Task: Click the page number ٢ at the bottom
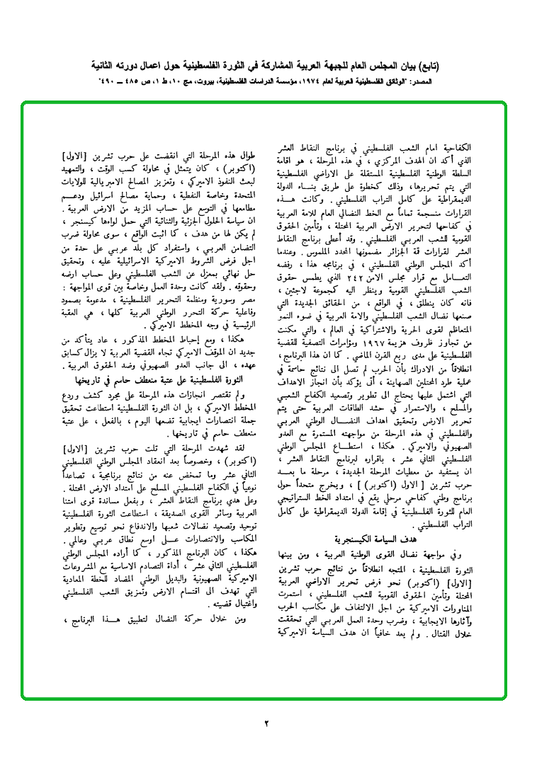click(x=268, y=723)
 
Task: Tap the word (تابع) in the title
click(x=426, y=67)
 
